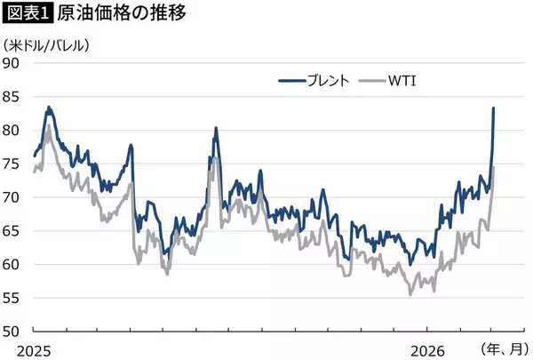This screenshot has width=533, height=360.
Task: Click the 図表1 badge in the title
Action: [x=28, y=15]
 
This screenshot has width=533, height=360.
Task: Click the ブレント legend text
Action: [x=327, y=82]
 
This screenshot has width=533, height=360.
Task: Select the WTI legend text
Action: [x=402, y=82]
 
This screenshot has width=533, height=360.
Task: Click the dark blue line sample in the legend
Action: [x=292, y=82]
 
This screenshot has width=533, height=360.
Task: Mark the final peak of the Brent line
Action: [x=494, y=108]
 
